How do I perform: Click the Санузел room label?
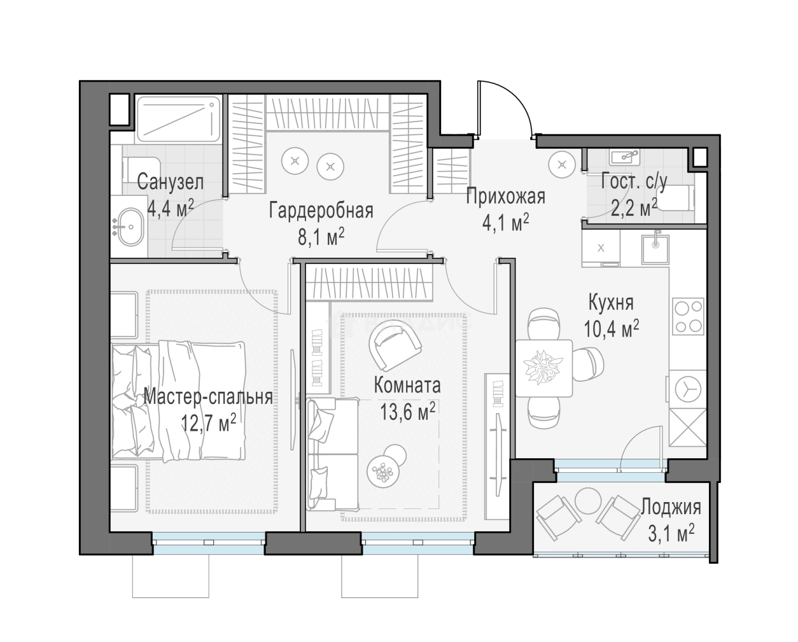click(170, 183)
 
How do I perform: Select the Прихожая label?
click(506, 197)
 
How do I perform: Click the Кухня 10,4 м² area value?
click(611, 328)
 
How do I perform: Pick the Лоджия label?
click(671, 507)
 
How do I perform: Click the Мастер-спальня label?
click(208, 397)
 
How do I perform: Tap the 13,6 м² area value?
click(407, 412)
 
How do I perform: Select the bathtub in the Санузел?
click(178, 119)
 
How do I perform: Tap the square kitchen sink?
click(655, 250)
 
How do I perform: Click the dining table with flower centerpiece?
click(543, 368)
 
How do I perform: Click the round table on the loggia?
click(589, 501)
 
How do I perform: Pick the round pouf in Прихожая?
click(563, 165)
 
